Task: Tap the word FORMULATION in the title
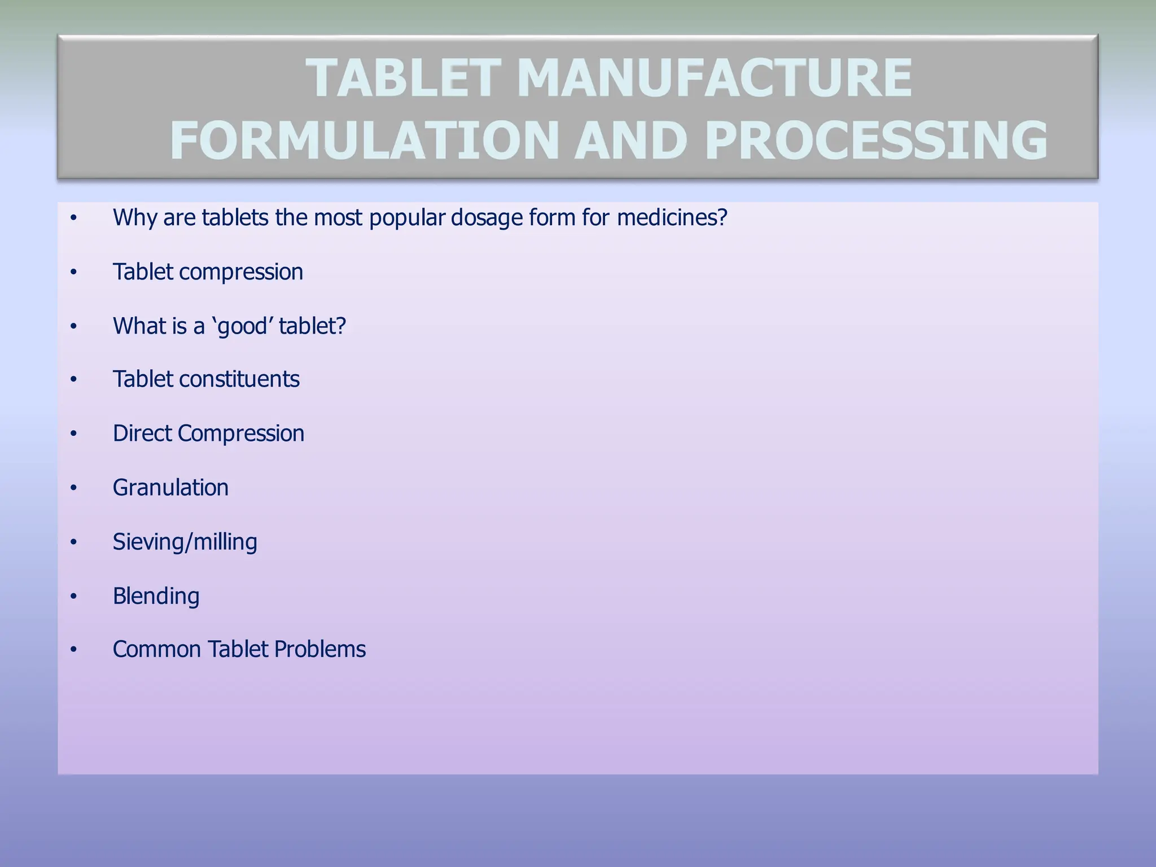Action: point(365,141)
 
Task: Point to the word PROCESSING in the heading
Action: point(876,141)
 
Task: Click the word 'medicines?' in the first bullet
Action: point(672,217)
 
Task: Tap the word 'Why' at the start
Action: point(135,217)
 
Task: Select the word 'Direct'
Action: point(142,433)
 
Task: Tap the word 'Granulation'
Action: point(170,488)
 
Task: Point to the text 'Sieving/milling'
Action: point(185,542)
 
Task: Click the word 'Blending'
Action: point(156,596)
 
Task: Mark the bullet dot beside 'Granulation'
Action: point(73,488)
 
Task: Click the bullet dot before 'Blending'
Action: point(73,596)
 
